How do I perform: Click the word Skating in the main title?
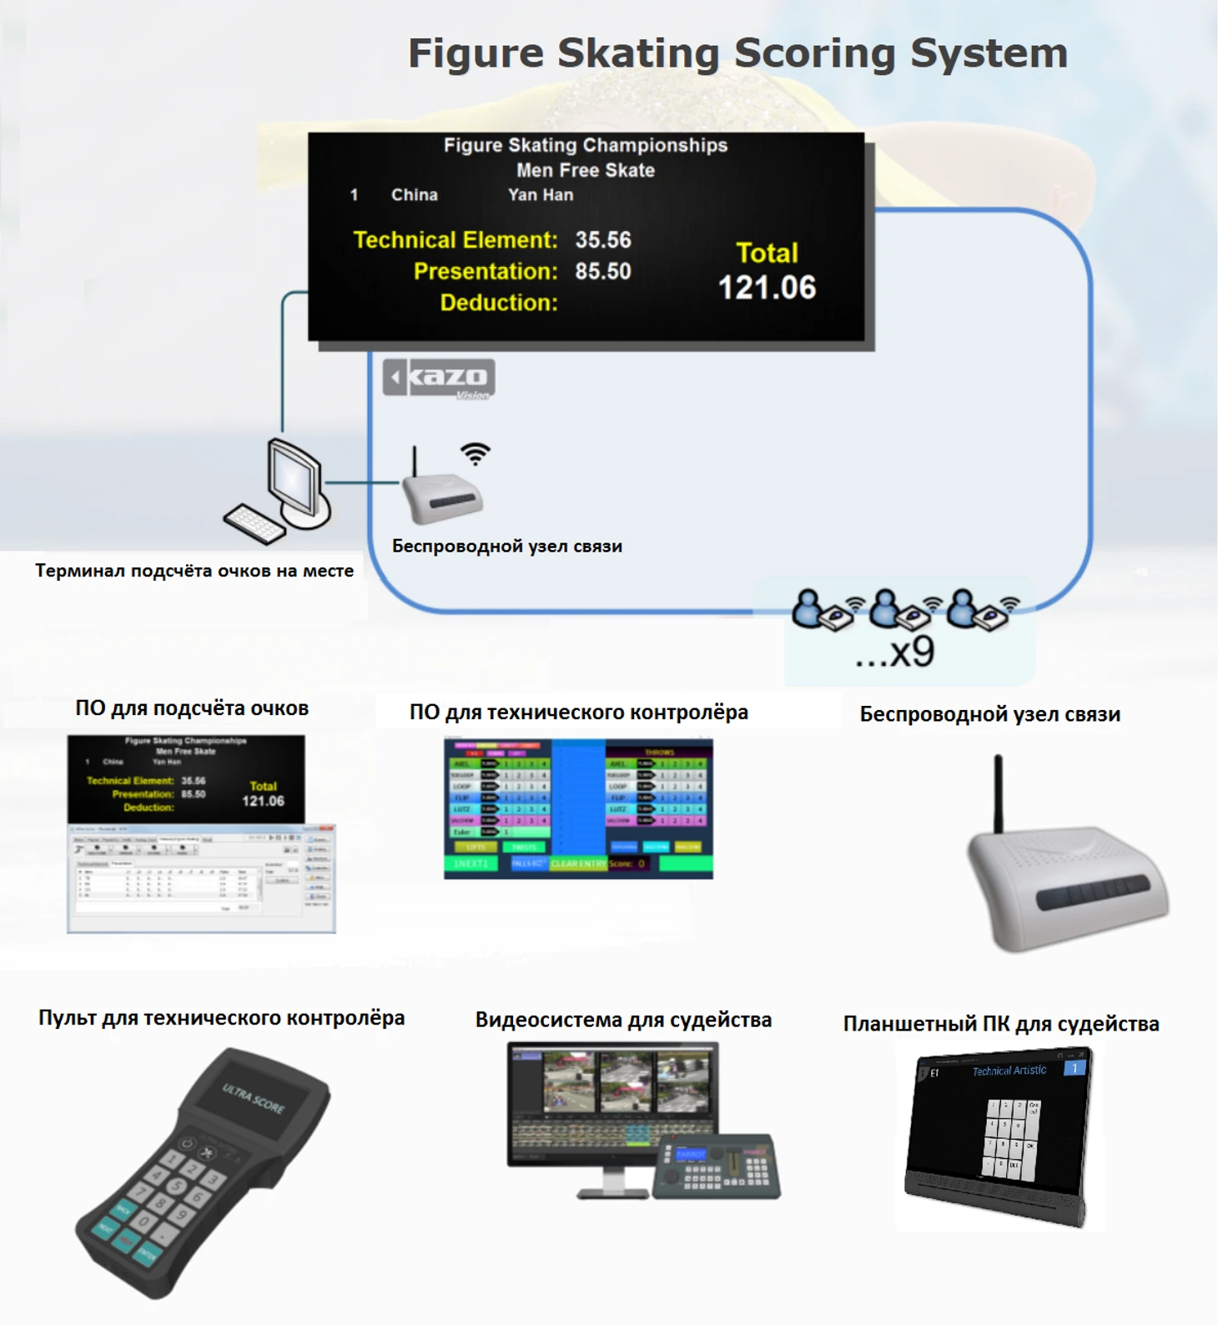pos(637,53)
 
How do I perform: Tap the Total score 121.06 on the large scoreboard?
pos(767,288)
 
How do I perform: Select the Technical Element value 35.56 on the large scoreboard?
pos(602,240)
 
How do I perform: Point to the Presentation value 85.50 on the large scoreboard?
pos(602,271)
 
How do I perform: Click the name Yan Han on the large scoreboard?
pos(541,195)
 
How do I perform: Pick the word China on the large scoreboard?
pos(414,195)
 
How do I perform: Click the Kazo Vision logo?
pos(439,379)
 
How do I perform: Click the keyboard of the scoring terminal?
pos(254,523)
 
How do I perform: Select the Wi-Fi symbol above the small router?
pos(476,453)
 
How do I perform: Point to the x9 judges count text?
pos(896,652)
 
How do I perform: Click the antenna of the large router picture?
pos(998,793)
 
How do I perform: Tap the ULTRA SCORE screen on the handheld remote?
pos(252,1098)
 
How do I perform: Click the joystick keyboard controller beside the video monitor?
pos(716,1166)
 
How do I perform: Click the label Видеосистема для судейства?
pos(623,1020)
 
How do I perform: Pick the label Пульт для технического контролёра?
pos(221,1018)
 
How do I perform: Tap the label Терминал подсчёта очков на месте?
pos(194,571)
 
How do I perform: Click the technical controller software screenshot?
pos(578,809)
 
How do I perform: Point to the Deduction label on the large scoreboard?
pos(499,303)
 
